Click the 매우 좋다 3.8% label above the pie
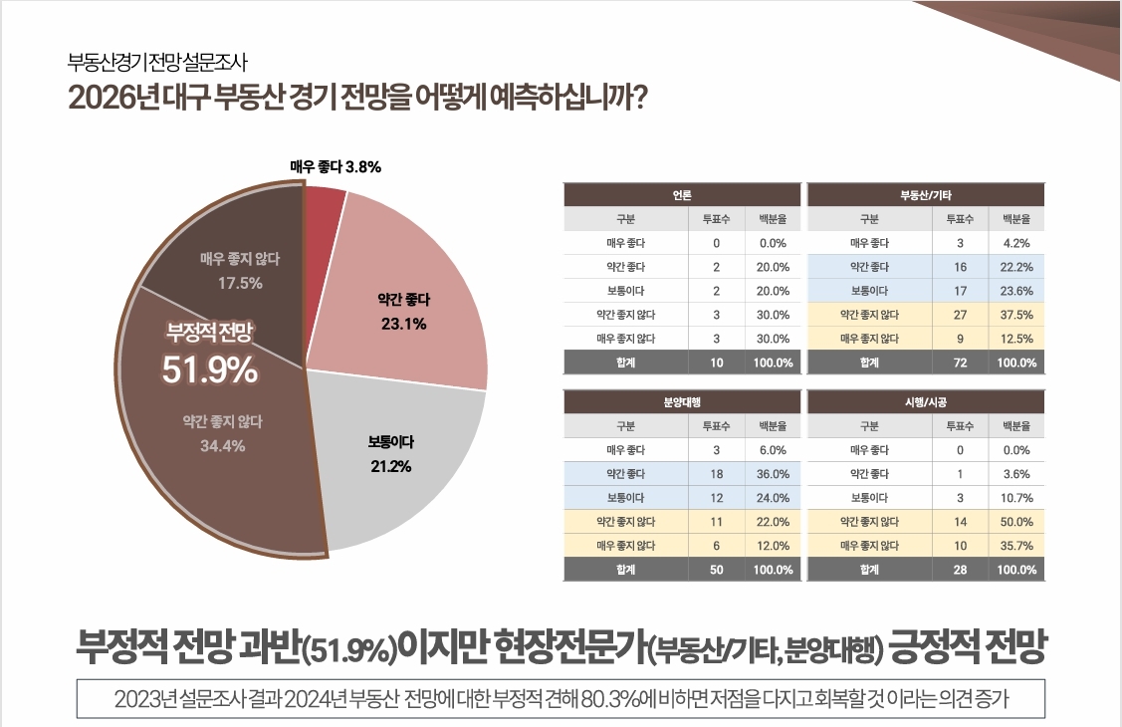pyautogui.click(x=336, y=167)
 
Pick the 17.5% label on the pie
pyautogui.click(x=240, y=283)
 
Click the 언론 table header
pyautogui.click(x=682, y=195)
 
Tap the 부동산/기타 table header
pyautogui.click(x=926, y=195)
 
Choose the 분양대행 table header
pyautogui.click(x=682, y=402)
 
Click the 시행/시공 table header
pyautogui.click(x=926, y=402)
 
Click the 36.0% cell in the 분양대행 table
pyautogui.click(x=774, y=474)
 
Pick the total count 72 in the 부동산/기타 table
pyautogui.click(x=960, y=363)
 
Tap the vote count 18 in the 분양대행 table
pyautogui.click(x=717, y=474)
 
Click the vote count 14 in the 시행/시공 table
pyautogui.click(x=960, y=522)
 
